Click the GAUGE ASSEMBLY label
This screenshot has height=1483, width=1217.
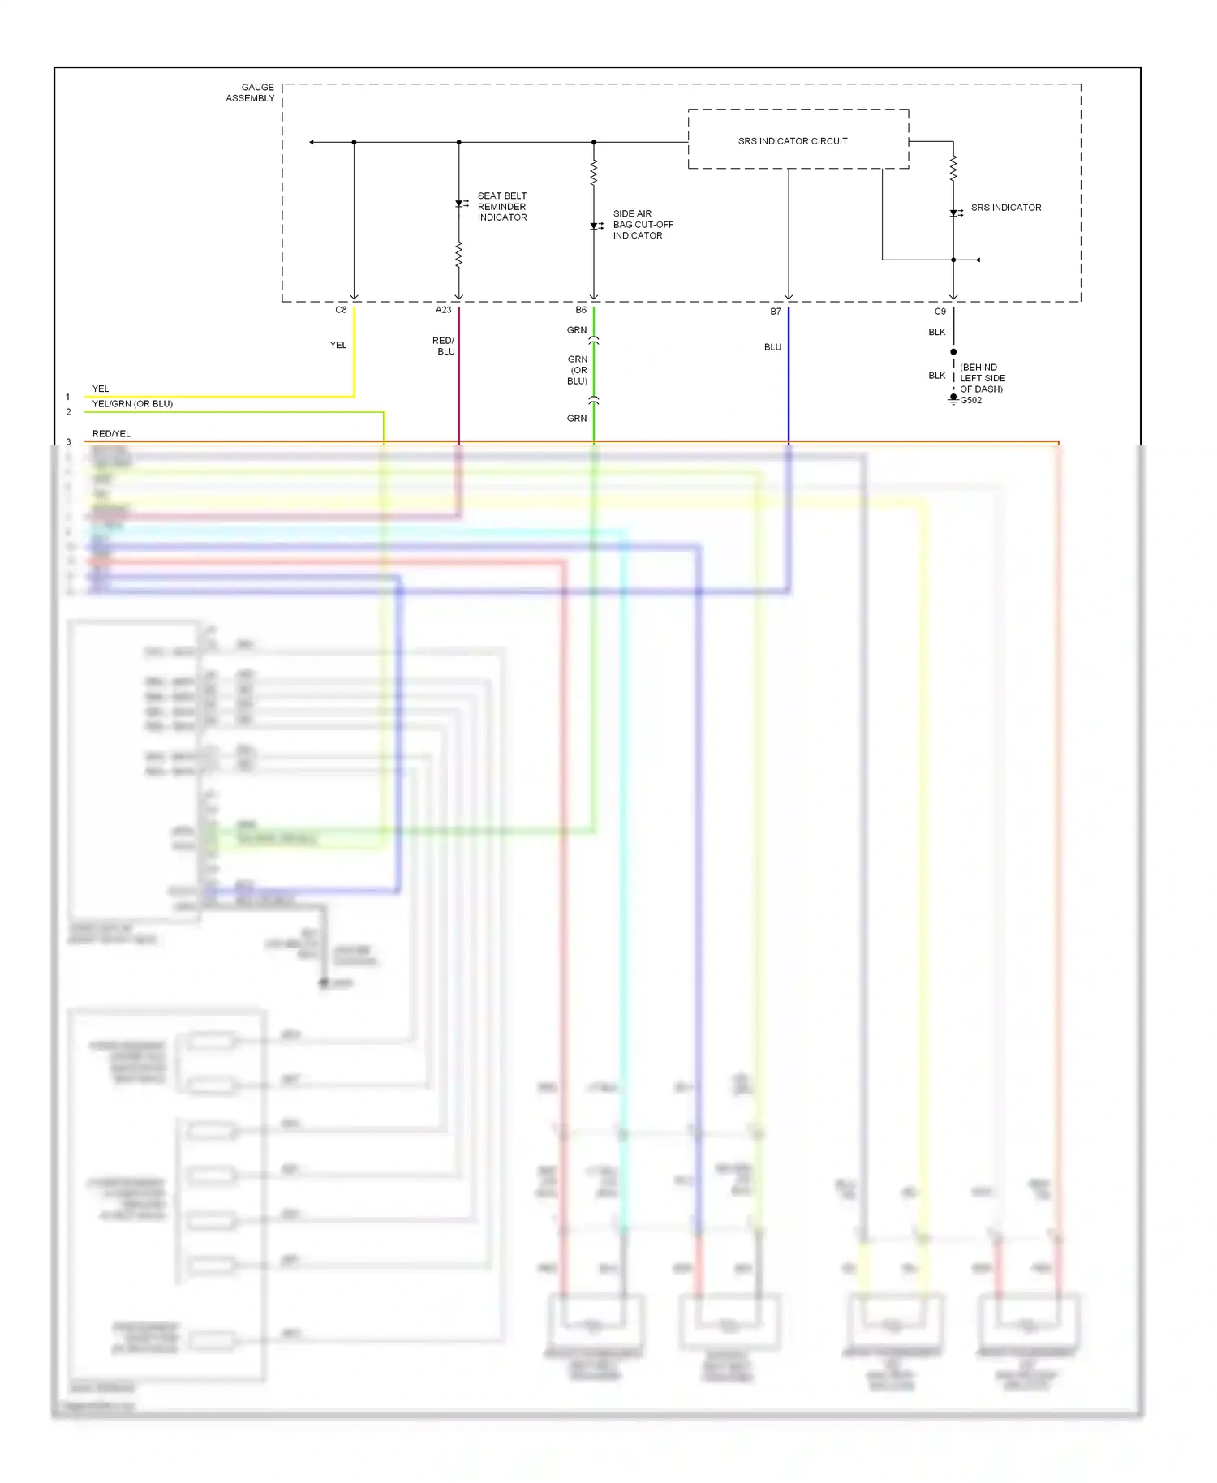251,92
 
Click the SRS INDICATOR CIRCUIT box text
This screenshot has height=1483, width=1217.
792,141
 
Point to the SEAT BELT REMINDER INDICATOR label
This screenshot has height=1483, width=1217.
501,207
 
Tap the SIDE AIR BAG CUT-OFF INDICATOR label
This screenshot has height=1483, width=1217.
642,225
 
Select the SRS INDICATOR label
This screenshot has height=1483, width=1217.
1005,208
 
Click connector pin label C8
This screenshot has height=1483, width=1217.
341,310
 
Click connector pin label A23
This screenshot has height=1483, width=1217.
443,310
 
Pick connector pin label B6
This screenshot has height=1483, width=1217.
581,310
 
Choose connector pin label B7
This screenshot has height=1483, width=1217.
776,312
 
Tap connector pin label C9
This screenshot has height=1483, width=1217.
940,312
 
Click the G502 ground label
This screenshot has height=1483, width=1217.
970,400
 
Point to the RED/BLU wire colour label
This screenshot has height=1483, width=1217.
444,346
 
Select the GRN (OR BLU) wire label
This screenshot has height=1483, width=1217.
577,370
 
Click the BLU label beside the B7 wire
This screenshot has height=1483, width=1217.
772,347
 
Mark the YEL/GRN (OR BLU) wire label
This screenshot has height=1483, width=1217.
132,404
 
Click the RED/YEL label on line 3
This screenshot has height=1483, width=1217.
111,434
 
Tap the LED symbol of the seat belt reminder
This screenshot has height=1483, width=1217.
459,204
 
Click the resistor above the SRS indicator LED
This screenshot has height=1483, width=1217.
953,168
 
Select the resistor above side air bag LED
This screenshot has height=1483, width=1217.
594,172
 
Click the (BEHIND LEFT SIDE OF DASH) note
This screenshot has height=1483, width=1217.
982,378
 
